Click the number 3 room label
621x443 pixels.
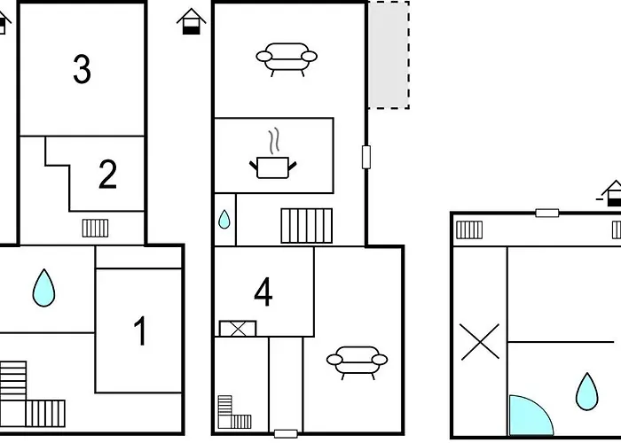[x=82, y=69]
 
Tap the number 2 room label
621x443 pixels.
[x=107, y=175]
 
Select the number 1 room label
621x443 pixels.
[x=140, y=331]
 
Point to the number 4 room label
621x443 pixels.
[x=263, y=291]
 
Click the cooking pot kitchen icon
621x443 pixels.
[x=273, y=167]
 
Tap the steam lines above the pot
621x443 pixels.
[x=273, y=141]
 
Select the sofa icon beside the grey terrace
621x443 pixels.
[x=287, y=59]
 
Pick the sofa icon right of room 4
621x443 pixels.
[x=357, y=362]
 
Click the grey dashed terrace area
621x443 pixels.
[x=389, y=55]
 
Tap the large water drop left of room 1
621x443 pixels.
[x=43, y=288]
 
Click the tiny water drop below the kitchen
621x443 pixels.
[x=224, y=220]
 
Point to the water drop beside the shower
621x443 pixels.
[x=586, y=392]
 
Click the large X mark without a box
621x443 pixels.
[x=480, y=342]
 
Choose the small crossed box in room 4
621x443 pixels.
[x=238, y=329]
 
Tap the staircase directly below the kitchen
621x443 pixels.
[x=307, y=225]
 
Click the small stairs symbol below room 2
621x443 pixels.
[x=96, y=229]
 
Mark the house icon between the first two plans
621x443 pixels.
[x=192, y=21]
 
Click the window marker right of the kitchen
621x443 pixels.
[x=366, y=157]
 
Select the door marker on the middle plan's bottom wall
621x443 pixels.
[x=286, y=434]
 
